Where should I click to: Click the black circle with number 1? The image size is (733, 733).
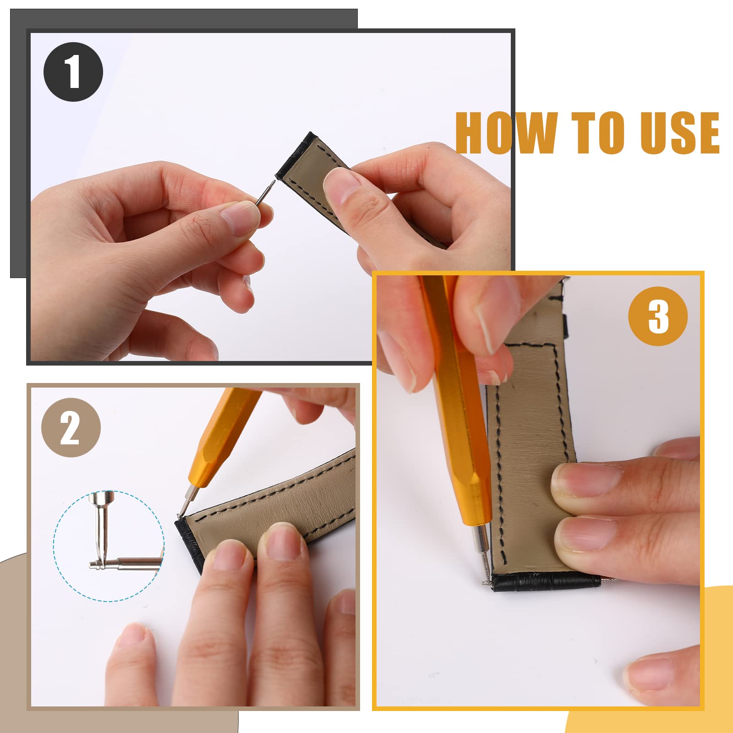(x=73, y=72)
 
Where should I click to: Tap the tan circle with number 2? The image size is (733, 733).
(x=71, y=427)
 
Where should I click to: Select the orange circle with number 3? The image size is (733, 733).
(x=658, y=316)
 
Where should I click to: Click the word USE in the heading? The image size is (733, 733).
(x=680, y=133)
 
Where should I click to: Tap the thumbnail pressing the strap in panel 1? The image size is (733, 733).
(x=341, y=186)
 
